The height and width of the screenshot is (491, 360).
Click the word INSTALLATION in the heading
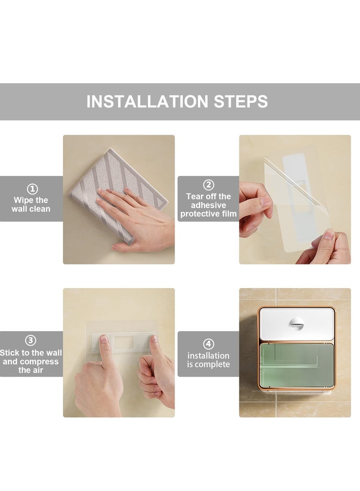pos(147,101)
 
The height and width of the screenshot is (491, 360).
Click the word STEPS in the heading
pos(241,101)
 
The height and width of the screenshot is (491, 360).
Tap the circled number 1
pos(32,189)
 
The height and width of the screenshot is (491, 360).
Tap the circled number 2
pos(208,185)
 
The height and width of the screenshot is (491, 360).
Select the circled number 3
pos(30,340)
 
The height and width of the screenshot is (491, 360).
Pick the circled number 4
pos(208,344)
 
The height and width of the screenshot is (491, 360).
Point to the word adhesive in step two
pos(208,205)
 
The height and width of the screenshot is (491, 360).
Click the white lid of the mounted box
pos(296,324)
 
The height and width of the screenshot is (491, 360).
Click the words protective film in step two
pos(208,214)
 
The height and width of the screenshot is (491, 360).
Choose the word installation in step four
pos(208,356)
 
